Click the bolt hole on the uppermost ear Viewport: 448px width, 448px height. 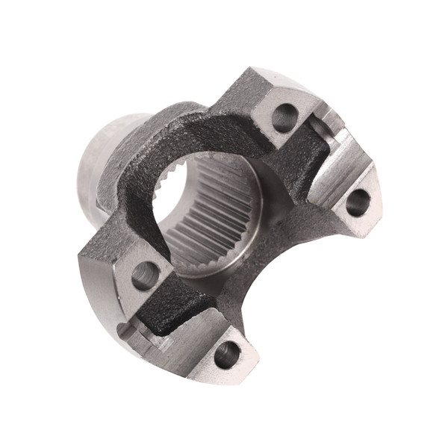click(x=284, y=117)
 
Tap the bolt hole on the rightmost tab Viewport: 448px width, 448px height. click(x=358, y=202)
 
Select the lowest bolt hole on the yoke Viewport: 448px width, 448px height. click(x=227, y=354)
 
